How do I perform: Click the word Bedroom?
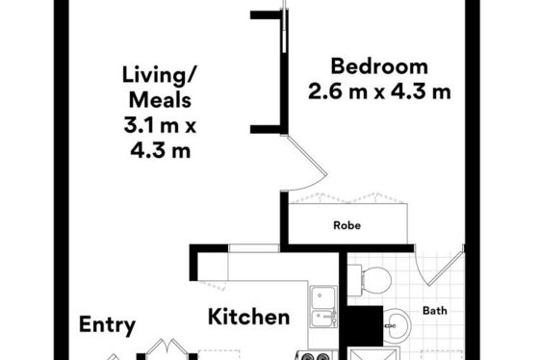[379, 66]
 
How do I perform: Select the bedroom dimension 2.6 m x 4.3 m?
[379, 91]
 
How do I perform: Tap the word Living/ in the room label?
[160, 75]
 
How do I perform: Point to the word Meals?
[160, 100]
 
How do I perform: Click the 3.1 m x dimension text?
[160, 125]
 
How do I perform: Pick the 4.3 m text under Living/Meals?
[160, 150]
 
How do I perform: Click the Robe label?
[347, 225]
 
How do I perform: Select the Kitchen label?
[249, 317]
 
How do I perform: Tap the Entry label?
[107, 325]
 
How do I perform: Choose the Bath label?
[435, 311]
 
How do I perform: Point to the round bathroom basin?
[397, 323]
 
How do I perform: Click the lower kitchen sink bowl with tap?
[323, 319]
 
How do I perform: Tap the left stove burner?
[308, 357]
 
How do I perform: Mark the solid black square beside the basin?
[364, 326]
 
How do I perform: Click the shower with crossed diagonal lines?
[374, 353]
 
